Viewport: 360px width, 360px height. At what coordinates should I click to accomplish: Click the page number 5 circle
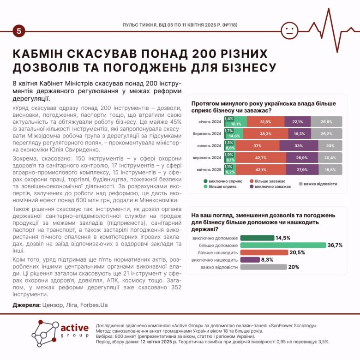[18, 31]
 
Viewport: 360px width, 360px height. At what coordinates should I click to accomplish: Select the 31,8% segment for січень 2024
[265, 122]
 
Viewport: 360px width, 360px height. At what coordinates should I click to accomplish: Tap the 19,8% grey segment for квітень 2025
[330, 169]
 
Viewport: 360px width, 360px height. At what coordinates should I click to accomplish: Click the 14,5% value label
[283, 238]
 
